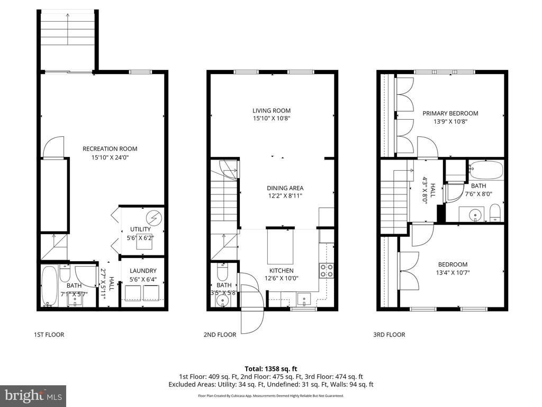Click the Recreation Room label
pos(110,148)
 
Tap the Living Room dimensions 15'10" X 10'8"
pos(271,119)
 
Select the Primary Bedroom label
pos(450,113)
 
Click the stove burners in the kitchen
pos(327,270)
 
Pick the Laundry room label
pos(143,271)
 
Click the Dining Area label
pos(286,188)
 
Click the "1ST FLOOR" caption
pos(49,334)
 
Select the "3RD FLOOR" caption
pos(389,334)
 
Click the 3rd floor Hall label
pos(432,191)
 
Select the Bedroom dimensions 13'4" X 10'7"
pos(453,273)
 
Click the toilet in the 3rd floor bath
pos(495,213)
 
